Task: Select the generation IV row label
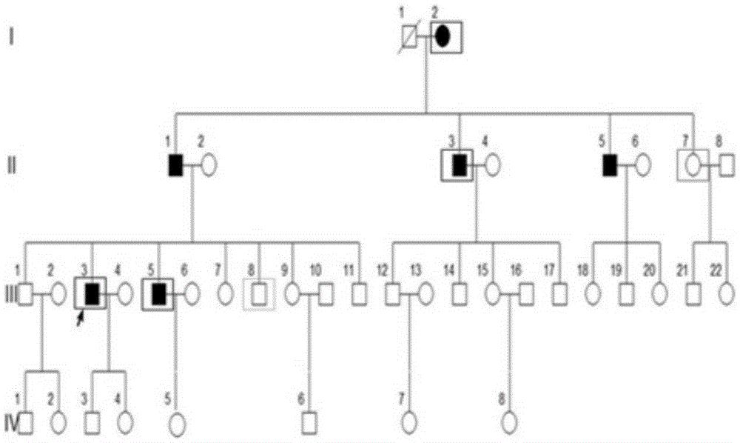11,424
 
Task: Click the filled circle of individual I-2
443,36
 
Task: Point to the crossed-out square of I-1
406,36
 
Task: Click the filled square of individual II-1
175,165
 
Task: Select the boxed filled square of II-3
460,164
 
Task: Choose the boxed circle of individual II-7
693,164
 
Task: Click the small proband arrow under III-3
80,317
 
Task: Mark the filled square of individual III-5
158,293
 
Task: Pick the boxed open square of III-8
259,294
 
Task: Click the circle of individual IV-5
176,424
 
